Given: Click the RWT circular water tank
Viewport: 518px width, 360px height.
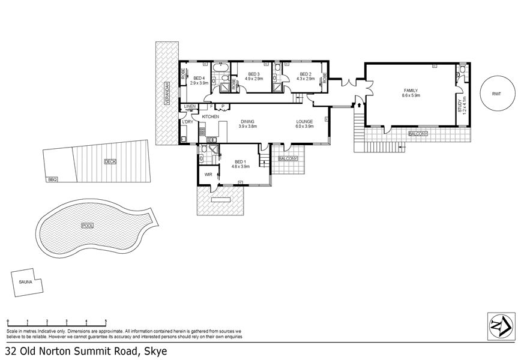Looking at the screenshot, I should coord(496,94).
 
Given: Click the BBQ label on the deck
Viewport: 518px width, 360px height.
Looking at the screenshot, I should coord(52,179).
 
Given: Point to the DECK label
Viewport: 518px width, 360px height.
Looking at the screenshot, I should coord(110,161).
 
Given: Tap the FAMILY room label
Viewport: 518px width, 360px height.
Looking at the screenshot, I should coord(411,90).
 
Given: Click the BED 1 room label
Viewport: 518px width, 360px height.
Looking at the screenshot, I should coord(239,162).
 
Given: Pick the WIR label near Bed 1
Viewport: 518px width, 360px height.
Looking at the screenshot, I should coord(208,175).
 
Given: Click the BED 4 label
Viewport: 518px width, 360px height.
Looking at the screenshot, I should coord(199,78).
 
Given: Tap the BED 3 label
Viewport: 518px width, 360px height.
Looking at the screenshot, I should coord(254,74).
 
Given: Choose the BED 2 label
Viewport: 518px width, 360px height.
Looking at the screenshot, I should coord(306,74).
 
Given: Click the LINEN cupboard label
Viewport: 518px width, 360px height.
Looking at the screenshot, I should coord(190,106).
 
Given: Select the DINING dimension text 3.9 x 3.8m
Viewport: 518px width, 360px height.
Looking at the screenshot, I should coord(247,127).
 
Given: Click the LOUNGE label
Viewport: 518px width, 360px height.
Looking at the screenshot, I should coord(304,122).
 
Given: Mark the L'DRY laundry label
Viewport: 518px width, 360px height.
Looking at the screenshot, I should coord(187,122).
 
